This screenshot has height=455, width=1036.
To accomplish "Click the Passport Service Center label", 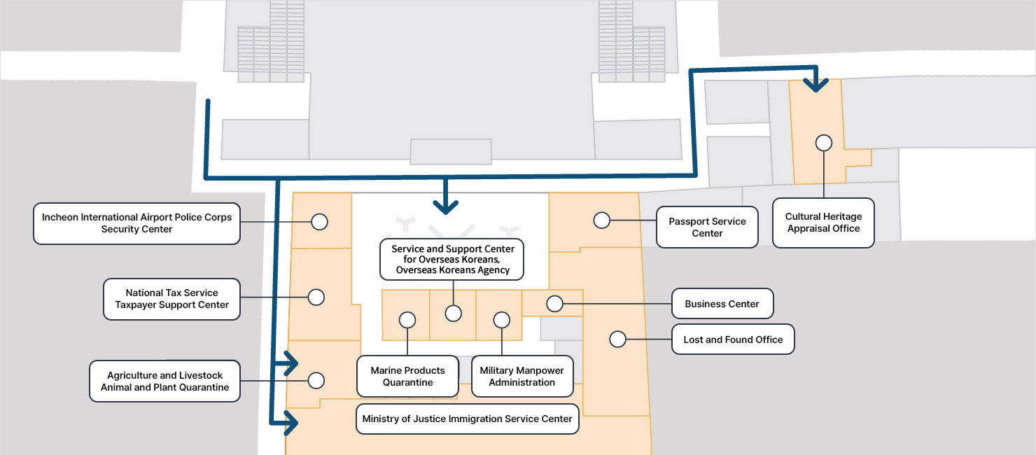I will (707, 227).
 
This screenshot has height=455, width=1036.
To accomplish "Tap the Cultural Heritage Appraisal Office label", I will (823, 223).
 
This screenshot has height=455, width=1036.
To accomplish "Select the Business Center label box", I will (722, 304).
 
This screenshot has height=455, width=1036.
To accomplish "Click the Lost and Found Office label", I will (733, 339).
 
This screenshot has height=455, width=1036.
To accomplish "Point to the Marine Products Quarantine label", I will (407, 377).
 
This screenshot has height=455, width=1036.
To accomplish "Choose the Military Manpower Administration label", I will (521, 377).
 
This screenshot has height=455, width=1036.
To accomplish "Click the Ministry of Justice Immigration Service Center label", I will (467, 419).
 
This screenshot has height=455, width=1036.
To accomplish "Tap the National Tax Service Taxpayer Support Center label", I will (171, 299).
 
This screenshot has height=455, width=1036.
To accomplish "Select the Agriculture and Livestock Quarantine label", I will (164, 381).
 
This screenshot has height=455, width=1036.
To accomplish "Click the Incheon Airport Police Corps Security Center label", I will (136, 223).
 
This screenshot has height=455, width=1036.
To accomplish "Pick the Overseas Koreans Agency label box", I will (452, 260).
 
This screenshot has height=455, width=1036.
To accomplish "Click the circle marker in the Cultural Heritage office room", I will (824, 143).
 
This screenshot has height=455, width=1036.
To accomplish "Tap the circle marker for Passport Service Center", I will (601, 220).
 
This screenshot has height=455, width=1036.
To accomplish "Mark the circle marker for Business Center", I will (554, 304).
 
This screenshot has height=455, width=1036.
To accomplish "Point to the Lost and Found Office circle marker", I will (617, 339).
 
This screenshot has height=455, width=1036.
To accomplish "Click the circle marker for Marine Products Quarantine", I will (407, 320).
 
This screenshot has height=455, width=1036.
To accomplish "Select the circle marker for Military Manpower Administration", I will (502, 320).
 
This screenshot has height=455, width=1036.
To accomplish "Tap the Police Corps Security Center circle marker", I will (319, 222).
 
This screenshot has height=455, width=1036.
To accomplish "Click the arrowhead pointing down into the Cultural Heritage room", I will (815, 85).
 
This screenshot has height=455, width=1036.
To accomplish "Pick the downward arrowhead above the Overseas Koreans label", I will (445, 206).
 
